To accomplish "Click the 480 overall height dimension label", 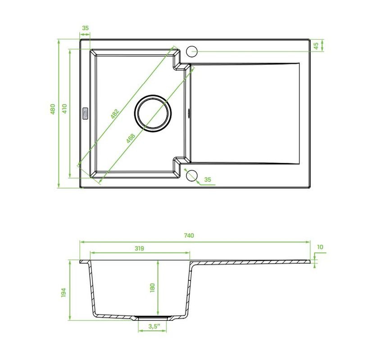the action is pyautogui.click(x=53, y=109).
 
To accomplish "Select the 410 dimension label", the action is pyautogui.click(x=64, y=109).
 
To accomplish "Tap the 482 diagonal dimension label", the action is pyautogui.click(x=115, y=114).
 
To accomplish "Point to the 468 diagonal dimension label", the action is pyautogui.click(x=131, y=138).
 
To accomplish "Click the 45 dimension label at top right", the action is pyautogui.click(x=316, y=46).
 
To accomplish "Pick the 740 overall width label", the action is pyautogui.click(x=189, y=235).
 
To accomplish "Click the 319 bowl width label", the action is pyautogui.click(x=139, y=248).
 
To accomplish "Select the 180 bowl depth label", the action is pyautogui.click(x=152, y=288).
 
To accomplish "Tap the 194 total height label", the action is pyautogui.click(x=63, y=292).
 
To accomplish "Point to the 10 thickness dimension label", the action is pyautogui.click(x=320, y=247).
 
